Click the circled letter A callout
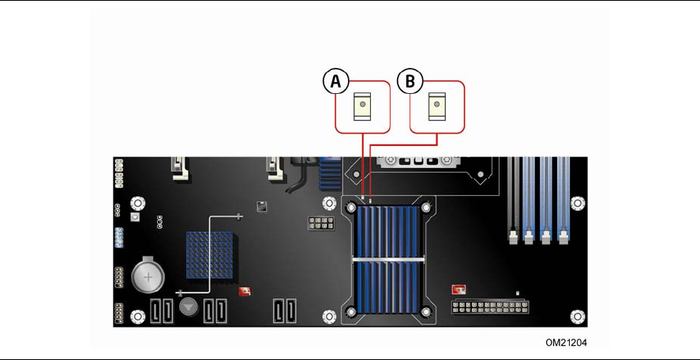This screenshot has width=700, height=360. coord(335,81)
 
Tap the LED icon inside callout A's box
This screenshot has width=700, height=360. coord(362,106)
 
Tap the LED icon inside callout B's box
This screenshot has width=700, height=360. coord(436,106)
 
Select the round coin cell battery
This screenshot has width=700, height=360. coord(147,276)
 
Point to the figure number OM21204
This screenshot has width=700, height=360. coord(566,343)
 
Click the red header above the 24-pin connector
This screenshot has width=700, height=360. coord(458,289)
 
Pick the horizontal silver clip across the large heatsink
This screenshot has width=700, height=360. coord(388,260)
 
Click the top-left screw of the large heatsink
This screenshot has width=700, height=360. coord(352,208)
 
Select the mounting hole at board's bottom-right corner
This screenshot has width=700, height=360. coord(579,317)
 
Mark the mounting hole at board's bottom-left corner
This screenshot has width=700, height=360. coord(137,317)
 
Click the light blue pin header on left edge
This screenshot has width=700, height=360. coord(119,237)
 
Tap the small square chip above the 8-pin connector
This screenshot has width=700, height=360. coord(261,206)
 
